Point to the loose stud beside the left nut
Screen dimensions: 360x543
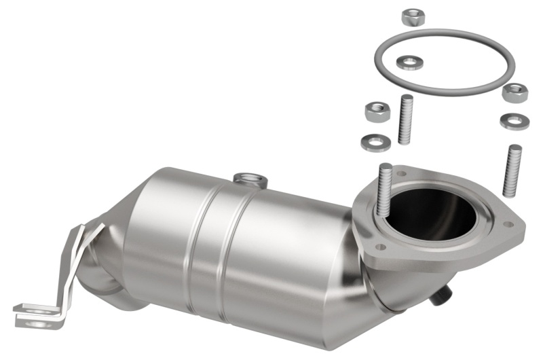pyautogui.click(x=407, y=120)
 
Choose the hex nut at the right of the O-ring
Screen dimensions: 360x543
pyautogui.click(x=514, y=92)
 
